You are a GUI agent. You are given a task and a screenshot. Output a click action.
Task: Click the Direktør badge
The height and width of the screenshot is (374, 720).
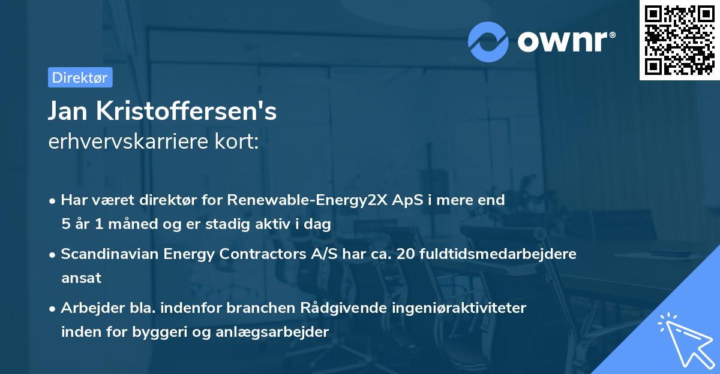click(80, 77)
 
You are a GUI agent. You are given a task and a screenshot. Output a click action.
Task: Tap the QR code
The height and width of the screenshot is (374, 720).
click(680, 40)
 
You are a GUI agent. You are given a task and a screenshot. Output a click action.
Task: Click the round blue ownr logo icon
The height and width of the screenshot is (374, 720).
click(488, 41)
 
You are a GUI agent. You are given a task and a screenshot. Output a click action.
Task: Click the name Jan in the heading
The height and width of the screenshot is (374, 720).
click(69, 111)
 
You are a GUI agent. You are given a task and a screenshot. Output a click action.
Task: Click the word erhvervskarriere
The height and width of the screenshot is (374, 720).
click(128, 142)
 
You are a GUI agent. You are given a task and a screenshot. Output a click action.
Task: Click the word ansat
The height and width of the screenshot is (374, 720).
click(81, 278)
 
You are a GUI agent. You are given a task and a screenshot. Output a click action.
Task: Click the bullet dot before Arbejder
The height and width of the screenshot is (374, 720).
click(53, 309)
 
